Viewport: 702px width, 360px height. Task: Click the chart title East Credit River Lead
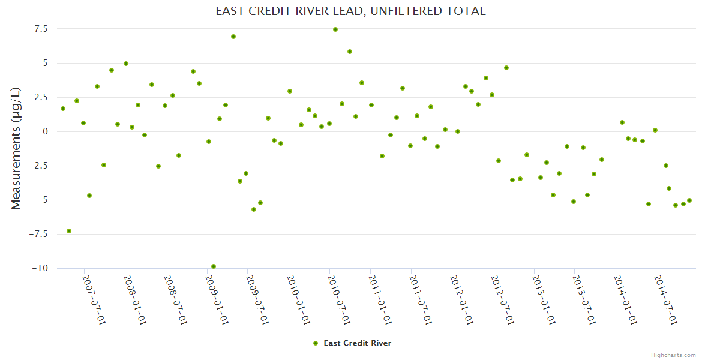(350, 11)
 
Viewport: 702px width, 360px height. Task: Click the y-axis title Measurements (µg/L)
(16, 148)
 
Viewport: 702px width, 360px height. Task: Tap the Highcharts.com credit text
(673, 355)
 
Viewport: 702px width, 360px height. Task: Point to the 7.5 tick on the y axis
(41, 29)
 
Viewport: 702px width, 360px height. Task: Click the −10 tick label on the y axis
(40, 268)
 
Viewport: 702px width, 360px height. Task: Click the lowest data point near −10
(214, 266)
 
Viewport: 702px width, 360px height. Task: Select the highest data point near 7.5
(335, 29)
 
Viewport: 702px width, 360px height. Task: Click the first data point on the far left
(63, 109)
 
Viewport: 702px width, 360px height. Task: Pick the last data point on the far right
(689, 200)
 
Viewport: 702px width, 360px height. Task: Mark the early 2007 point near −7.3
(69, 231)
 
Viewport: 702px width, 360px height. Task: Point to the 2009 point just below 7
(233, 37)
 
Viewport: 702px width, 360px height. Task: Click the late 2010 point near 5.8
(350, 52)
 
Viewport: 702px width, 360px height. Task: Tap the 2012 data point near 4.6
(506, 68)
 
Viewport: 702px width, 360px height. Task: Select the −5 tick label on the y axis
(42, 200)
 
